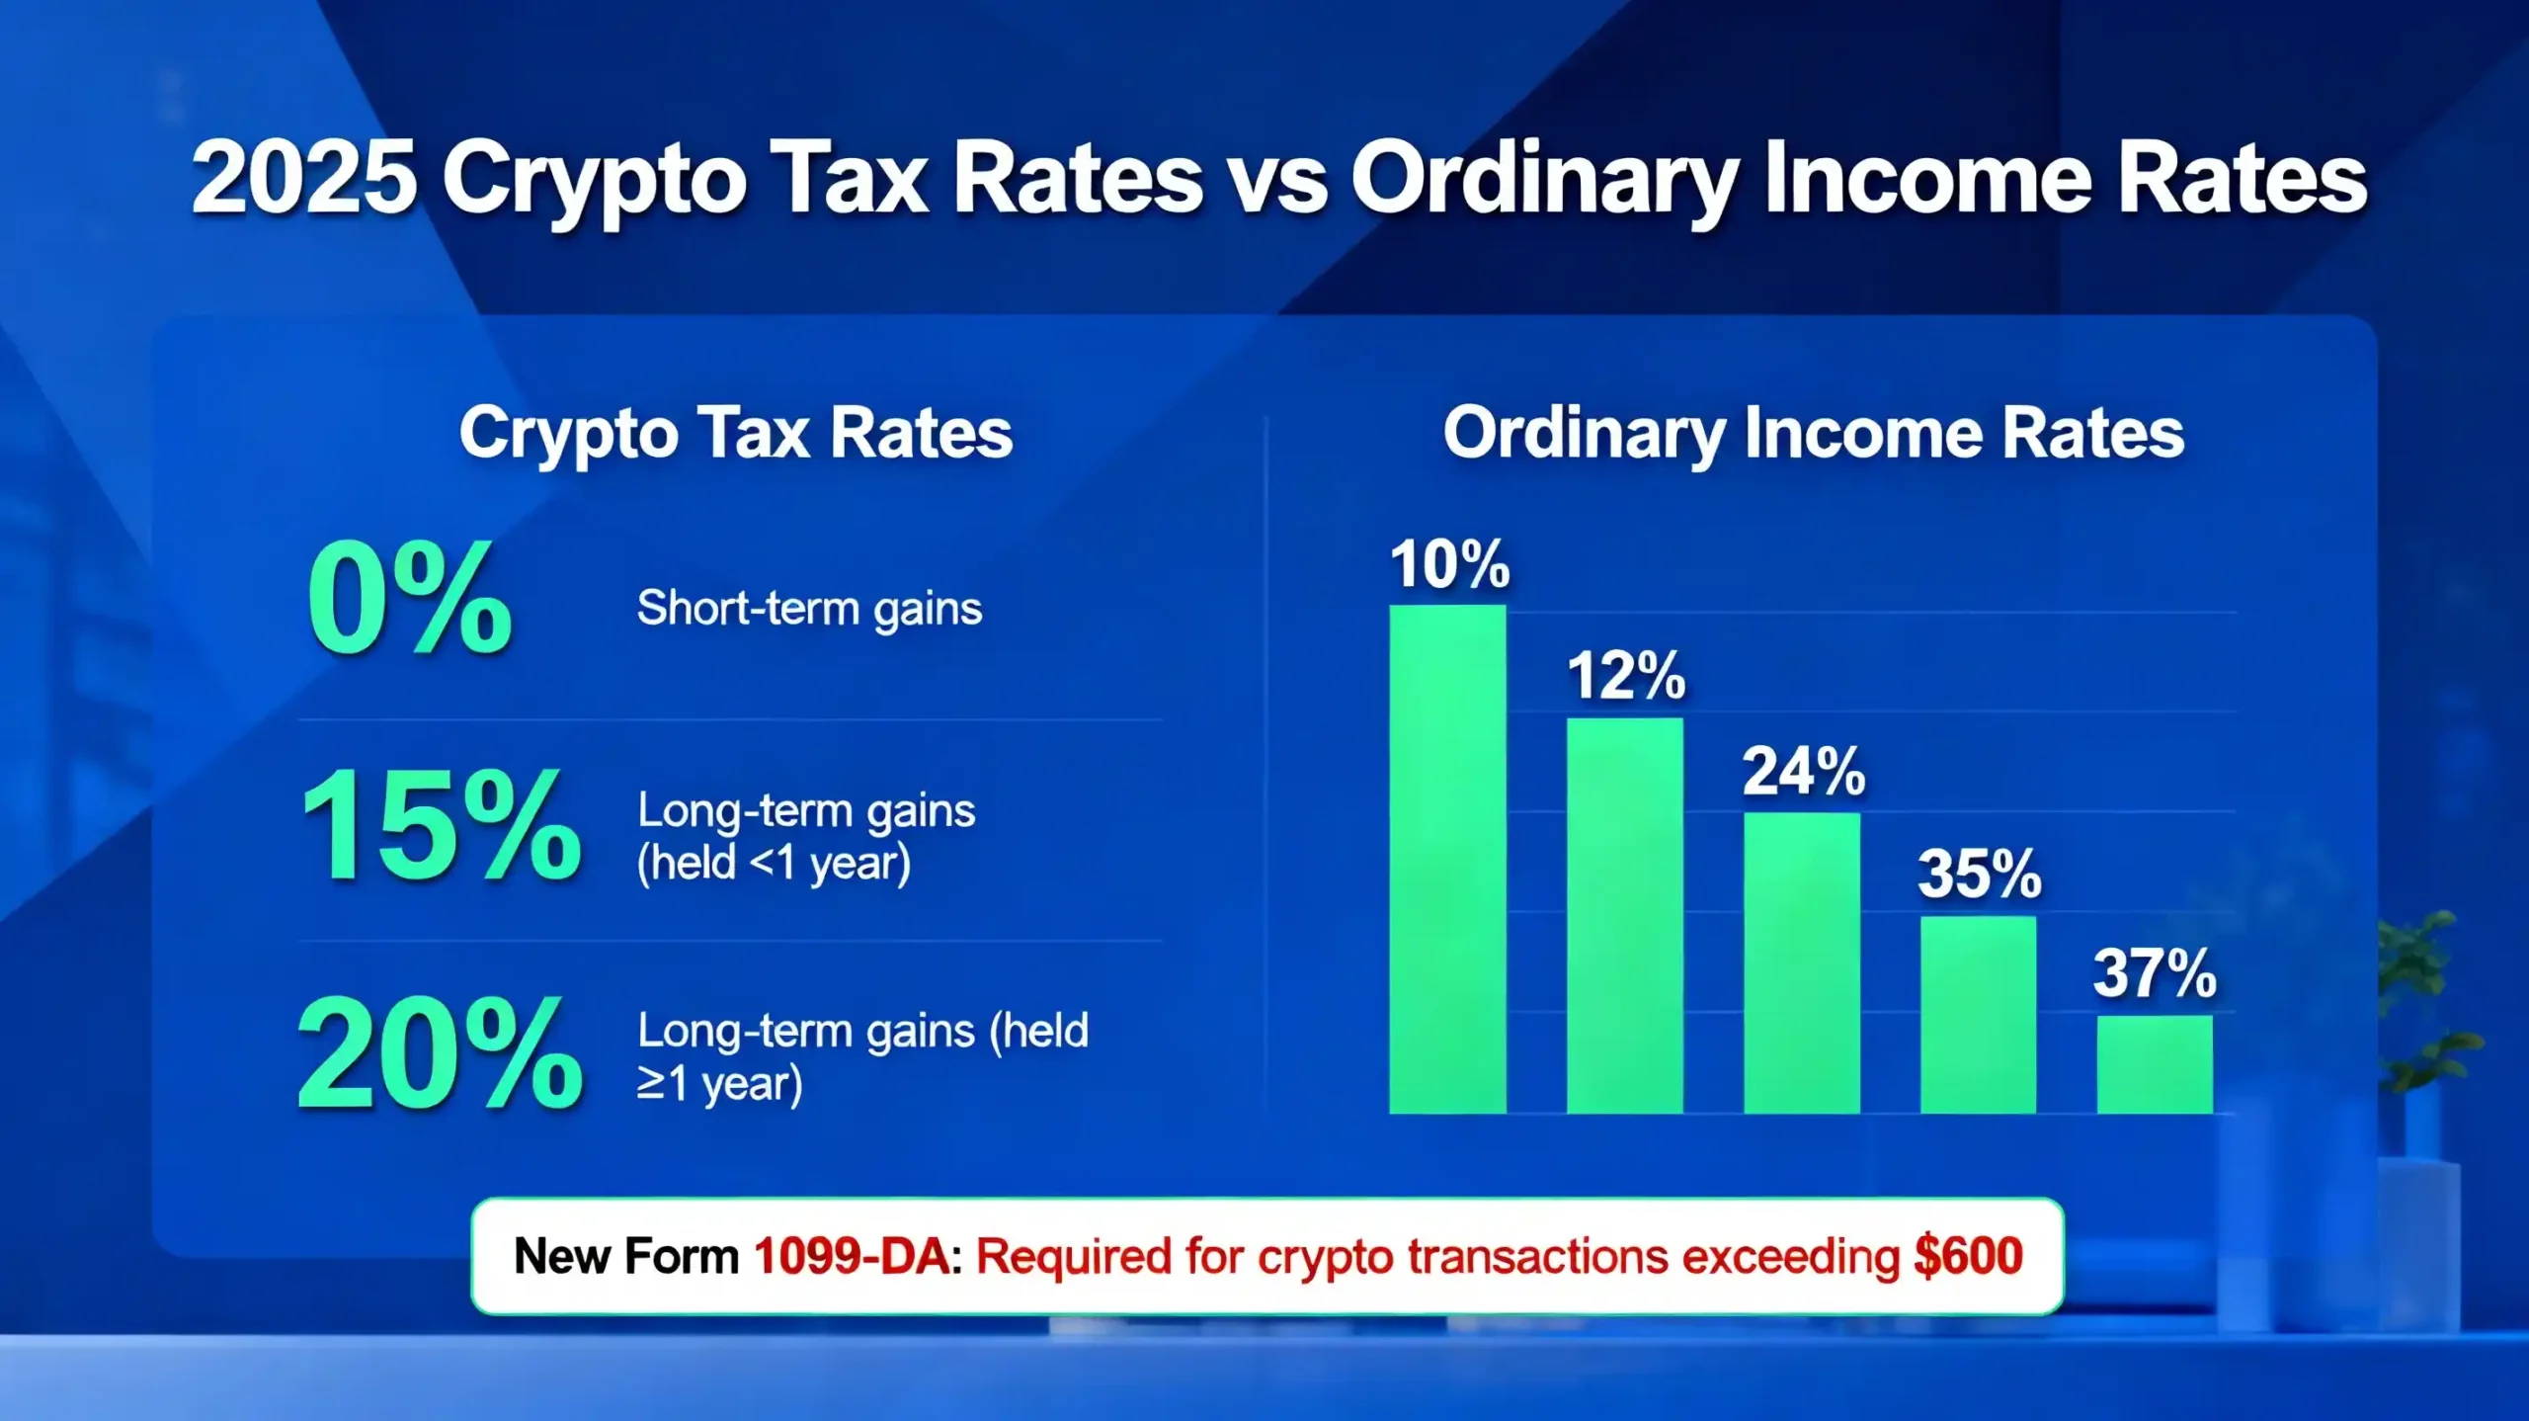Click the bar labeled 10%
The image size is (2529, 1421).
1447,859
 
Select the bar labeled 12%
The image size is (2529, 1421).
1624,915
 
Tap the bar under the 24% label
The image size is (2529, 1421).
1801,962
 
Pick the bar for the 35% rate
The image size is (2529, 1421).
1978,1014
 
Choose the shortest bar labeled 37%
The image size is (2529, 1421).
2155,1064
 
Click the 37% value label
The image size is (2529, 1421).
2155,973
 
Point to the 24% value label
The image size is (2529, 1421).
1803,772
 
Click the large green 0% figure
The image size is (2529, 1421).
410,599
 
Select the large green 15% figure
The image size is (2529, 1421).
441,826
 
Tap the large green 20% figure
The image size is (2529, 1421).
440,1054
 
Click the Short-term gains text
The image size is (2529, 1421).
809,608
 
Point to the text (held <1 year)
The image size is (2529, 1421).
774,863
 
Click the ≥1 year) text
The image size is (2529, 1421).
719,1084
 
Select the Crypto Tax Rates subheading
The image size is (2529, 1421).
736,433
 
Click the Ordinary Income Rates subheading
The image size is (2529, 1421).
1813,433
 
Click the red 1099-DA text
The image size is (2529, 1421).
852,1257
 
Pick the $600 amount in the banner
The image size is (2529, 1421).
1968,1257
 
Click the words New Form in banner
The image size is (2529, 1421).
626,1257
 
